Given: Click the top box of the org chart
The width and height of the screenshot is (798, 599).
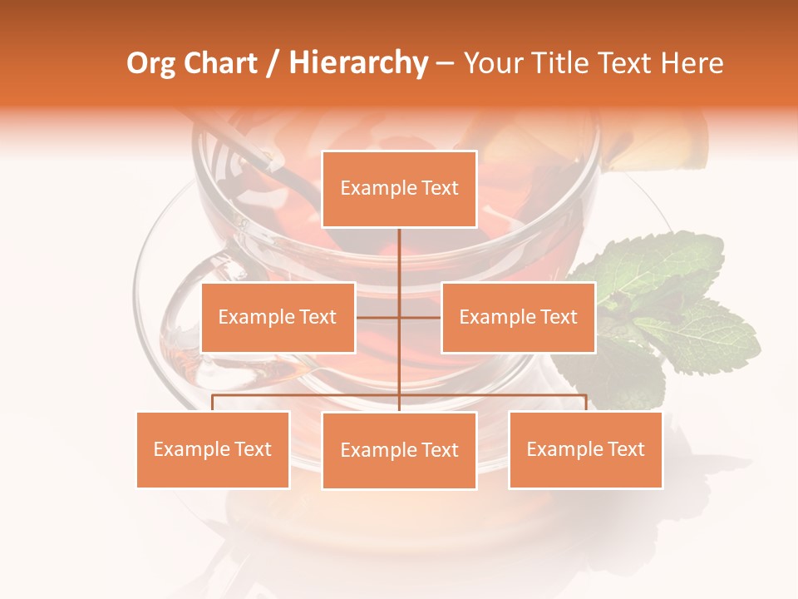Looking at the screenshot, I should (399, 189).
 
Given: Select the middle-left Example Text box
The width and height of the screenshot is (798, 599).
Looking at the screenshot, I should (278, 317).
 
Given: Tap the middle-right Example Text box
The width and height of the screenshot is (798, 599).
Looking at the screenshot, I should (518, 317).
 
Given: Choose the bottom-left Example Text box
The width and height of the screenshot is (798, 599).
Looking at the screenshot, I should (213, 449).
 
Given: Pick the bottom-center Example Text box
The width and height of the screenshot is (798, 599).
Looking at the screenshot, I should (399, 450).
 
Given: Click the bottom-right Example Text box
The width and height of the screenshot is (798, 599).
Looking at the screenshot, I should (585, 449).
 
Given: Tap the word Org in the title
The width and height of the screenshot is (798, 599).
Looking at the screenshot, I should (150, 63).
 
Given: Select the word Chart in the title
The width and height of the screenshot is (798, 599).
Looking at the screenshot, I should (219, 63).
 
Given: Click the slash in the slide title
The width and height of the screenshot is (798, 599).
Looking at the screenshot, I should (273, 63).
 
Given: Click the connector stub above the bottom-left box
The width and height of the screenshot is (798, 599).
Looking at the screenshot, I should (213, 403).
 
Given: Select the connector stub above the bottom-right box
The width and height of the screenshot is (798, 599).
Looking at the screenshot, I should (585, 403).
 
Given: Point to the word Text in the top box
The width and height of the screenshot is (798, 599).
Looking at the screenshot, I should (439, 188).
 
